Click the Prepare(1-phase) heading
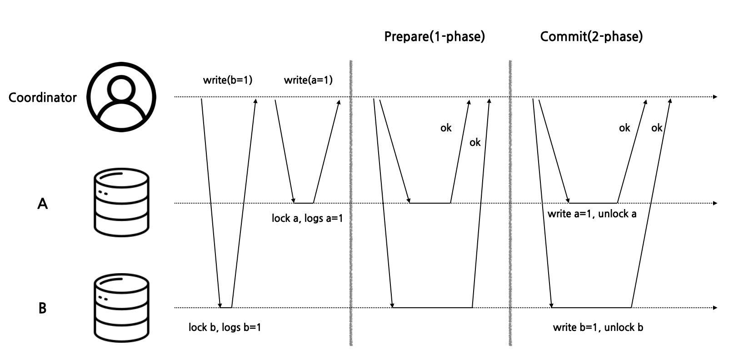tap(434, 36)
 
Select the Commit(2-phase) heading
tap(591, 36)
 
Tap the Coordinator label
tap(43, 98)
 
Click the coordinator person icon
tap(121, 97)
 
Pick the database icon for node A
tap(121, 203)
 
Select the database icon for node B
tap(121, 307)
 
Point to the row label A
tap(42, 204)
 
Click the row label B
tap(42, 309)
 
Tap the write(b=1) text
tap(227, 80)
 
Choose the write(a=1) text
tap(308, 80)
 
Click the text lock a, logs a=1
tap(307, 219)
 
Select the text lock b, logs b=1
tap(225, 327)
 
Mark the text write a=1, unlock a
tap(592, 214)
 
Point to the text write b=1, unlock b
tap(598, 327)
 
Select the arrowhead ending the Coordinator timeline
tap(715, 97)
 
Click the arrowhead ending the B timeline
tap(715, 308)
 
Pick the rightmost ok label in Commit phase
tap(657, 128)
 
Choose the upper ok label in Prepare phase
tap(446, 128)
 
